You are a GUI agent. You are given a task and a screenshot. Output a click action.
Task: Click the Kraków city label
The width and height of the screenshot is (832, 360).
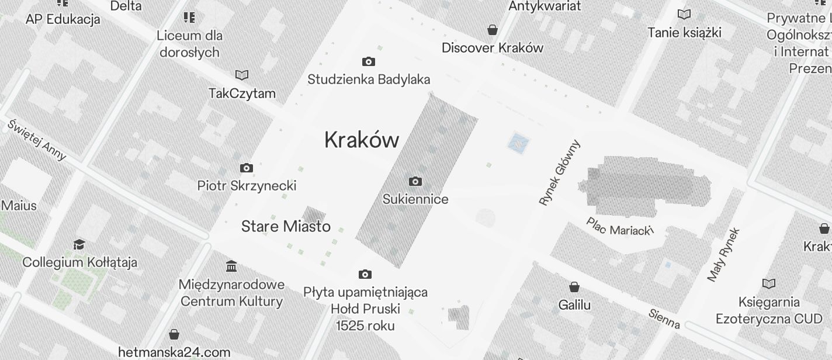(362, 140)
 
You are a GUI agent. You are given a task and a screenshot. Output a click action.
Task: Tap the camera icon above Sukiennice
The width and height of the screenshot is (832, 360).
(415, 181)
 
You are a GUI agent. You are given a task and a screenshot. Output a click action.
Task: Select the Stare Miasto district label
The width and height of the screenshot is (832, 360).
(286, 226)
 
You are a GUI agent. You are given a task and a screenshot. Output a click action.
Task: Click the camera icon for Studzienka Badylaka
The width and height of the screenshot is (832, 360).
(369, 61)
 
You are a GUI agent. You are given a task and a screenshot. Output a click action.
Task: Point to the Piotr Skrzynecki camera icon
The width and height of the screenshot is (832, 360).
(247, 168)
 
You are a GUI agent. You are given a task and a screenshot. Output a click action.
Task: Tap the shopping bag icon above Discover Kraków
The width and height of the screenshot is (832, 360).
(493, 30)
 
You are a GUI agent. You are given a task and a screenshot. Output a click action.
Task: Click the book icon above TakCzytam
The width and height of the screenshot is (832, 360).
(242, 75)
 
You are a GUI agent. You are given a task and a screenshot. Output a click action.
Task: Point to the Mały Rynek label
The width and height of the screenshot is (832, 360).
(723, 255)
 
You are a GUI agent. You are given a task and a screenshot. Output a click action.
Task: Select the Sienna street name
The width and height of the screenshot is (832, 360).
(664, 319)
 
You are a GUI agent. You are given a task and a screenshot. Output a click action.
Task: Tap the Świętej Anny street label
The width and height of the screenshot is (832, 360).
(37, 140)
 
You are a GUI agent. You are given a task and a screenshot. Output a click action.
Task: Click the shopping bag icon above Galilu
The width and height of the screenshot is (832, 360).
(574, 287)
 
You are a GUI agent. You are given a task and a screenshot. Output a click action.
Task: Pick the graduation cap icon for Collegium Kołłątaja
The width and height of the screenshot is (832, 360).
(79, 244)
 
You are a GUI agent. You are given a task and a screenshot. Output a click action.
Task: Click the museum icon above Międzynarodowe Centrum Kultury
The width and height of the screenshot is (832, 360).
(231, 266)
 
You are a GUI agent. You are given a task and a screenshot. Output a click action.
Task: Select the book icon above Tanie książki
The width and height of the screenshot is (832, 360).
(684, 14)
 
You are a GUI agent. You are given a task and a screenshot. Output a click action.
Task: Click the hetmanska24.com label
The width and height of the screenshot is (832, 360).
(174, 352)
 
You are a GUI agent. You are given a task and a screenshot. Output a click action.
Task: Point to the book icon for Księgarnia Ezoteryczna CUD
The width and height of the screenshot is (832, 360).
(769, 284)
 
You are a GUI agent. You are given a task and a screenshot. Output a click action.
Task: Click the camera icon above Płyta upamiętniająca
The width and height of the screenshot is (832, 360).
(365, 274)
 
